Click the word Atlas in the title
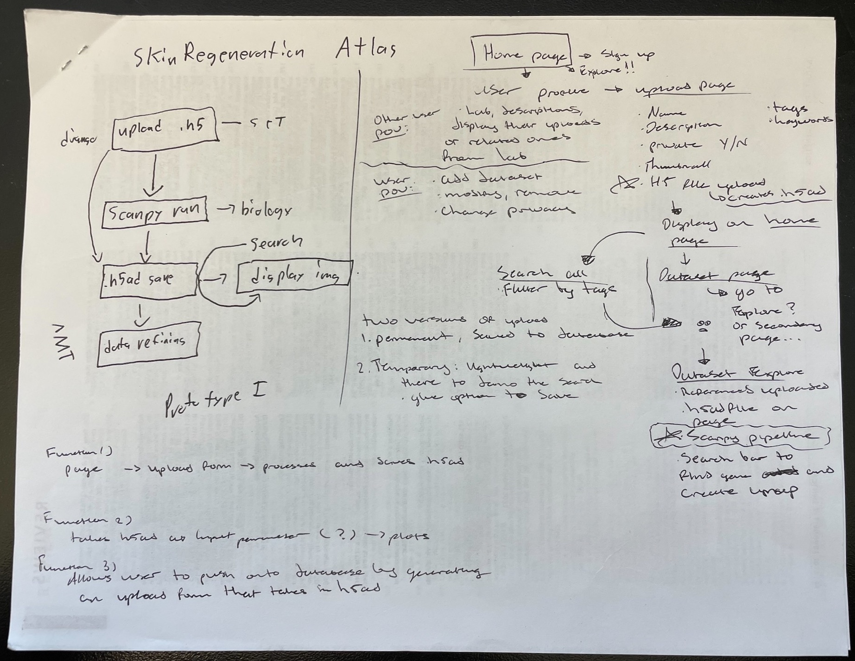pos(366,50)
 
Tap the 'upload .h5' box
pos(165,129)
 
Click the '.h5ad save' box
pos(148,280)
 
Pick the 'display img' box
pos(293,277)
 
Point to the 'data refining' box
pos(149,343)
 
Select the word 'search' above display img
pos(276,243)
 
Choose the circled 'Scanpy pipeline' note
pos(739,437)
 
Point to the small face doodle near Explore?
pos(704,325)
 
